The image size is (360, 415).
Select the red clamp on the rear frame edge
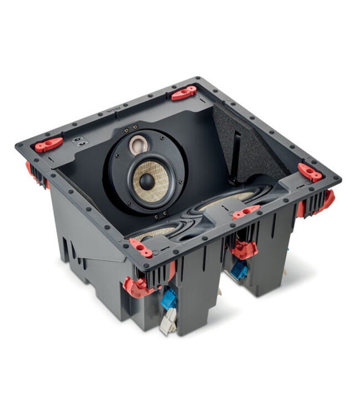(183, 93)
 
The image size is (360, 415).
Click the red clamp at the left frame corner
(49, 144)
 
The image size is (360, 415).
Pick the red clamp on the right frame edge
(310, 172)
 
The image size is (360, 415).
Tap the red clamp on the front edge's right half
(246, 211)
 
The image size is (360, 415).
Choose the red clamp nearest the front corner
(141, 248)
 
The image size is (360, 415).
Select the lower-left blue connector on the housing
(169, 299)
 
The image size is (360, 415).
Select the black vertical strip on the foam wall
(236, 149)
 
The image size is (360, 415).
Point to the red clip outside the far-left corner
(29, 167)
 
